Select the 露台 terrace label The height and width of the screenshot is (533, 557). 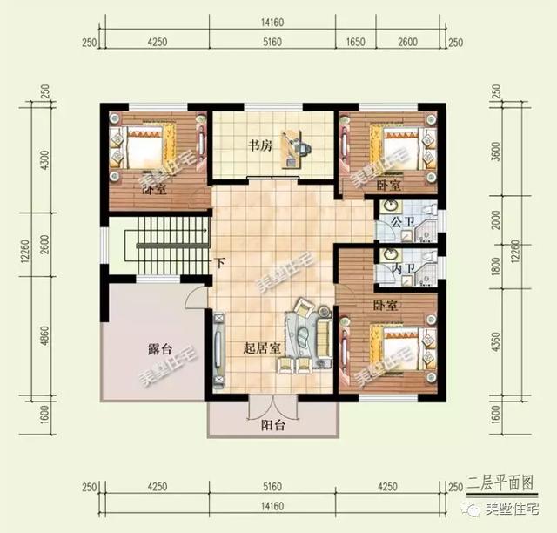pyautogui.click(x=158, y=350)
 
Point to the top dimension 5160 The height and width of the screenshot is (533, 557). pyautogui.click(x=272, y=41)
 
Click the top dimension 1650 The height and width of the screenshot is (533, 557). pyautogui.click(x=355, y=41)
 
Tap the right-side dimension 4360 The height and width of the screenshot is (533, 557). pyautogui.click(x=496, y=348)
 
